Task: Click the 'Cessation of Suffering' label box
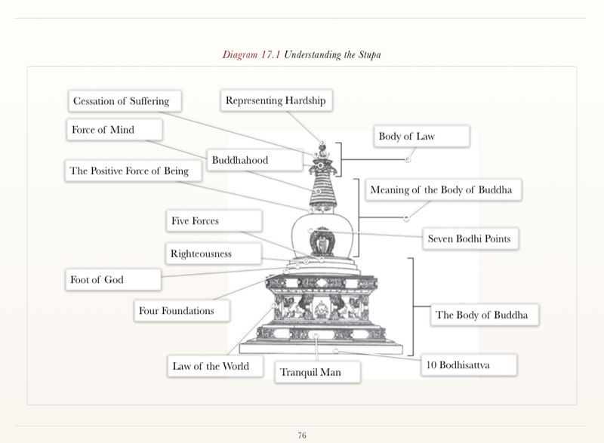pyautogui.click(x=121, y=101)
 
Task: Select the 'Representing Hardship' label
pyautogui.click(x=276, y=100)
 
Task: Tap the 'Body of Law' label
pyautogui.click(x=406, y=137)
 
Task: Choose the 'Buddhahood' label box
pyautogui.click(x=240, y=160)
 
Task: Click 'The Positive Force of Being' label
pyautogui.click(x=129, y=171)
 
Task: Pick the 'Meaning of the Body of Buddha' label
pyautogui.click(x=442, y=190)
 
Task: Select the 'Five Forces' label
pyautogui.click(x=195, y=221)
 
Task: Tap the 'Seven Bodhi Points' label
pyautogui.click(x=469, y=239)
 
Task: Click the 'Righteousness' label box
pyautogui.click(x=201, y=254)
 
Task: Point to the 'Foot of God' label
pyautogui.click(x=97, y=280)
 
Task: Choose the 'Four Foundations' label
pyautogui.click(x=177, y=311)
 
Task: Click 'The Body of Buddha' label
pyautogui.click(x=482, y=315)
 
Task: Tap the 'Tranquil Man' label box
pyautogui.click(x=310, y=372)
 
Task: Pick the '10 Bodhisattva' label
pyautogui.click(x=458, y=365)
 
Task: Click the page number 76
pyautogui.click(x=302, y=435)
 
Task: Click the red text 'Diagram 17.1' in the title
pyautogui.click(x=251, y=55)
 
